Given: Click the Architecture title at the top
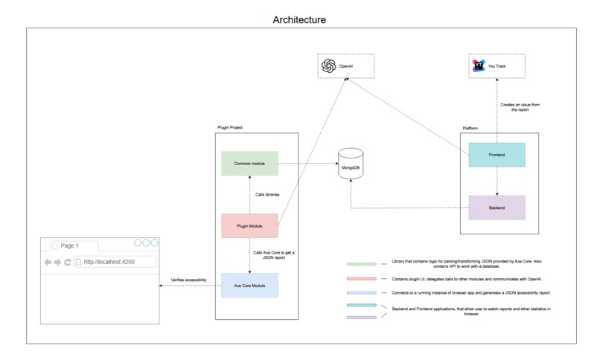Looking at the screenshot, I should click(x=299, y=20).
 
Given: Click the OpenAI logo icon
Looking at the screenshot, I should click(x=328, y=66).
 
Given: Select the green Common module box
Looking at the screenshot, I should click(x=249, y=163).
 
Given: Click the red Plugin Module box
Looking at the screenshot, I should click(x=249, y=225).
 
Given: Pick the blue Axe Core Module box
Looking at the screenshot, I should click(x=249, y=286).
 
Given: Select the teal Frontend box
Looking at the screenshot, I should click(x=497, y=155).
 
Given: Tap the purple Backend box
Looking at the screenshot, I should click(x=497, y=207).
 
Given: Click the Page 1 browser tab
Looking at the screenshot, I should click(x=70, y=245).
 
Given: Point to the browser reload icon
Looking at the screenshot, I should click(x=67, y=262).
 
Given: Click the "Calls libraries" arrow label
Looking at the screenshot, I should click(x=267, y=195).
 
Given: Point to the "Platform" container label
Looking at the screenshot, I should click(x=469, y=128).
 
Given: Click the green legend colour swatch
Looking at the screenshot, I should click(x=360, y=263).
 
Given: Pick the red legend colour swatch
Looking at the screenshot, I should click(x=360, y=278).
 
